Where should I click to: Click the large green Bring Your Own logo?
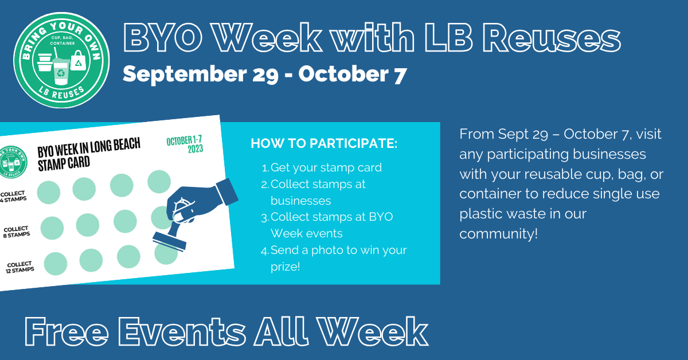pyautogui.click(x=61, y=60)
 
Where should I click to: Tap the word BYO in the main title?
pyautogui.click(x=163, y=37)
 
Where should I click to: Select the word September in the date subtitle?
pyautogui.click(x=185, y=75)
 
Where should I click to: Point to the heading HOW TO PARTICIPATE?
pyautogui.click(x=324, y=143)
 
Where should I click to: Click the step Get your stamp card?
pyautogui.click(x=322, y=168)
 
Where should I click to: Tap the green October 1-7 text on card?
pyautogui.click(x=184, y=140)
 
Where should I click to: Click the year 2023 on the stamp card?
pyautogui.click(x=196, y=149)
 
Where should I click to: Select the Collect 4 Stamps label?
pyautogui.click(x=13, y=197)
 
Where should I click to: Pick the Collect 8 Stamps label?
pyautogui.click(x=17, y=232)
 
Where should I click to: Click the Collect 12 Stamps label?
pyautogui.click(x=19, y=267)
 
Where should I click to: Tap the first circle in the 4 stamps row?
pyautogui.click(x=49, y=192)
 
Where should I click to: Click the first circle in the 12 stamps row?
pyautogui.click(x=56, y=264)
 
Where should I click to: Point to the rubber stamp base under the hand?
pyautogui.click(x=170, y=241)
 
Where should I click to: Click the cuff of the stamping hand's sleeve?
pyautogui.click(x=227, y=191)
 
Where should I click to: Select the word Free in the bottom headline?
pyautogui.click(x=67, y=332)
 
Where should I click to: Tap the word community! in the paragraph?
pyautogui.click(x=498, y=234)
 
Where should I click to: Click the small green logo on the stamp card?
pyautogui.click(x=13, y=162)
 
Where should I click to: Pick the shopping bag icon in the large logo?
pyautogui.click(x=79, y=61)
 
